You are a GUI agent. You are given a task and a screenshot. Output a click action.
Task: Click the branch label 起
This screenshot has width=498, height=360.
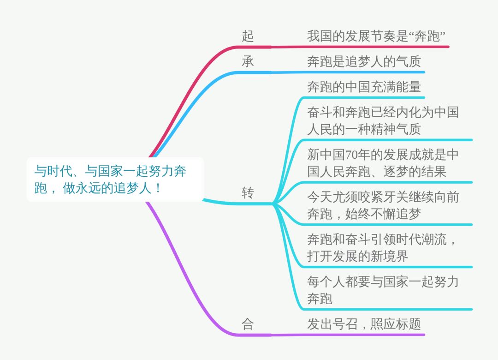248,36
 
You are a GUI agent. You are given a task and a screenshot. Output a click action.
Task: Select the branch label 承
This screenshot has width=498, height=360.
248,61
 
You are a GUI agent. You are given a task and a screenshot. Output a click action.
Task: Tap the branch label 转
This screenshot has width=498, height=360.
248,193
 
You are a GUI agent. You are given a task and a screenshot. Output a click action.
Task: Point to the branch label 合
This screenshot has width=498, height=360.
248,324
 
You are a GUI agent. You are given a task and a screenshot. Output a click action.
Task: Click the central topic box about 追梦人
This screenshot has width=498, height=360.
115,180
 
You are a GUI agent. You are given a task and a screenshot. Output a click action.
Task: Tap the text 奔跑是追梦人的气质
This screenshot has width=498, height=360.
364,61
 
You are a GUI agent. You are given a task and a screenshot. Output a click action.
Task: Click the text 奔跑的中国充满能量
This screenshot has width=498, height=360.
364,87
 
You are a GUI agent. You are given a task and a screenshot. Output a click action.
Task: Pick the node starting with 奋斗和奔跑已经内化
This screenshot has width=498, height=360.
383,120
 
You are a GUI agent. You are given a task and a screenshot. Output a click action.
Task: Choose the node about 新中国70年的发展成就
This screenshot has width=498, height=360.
383,163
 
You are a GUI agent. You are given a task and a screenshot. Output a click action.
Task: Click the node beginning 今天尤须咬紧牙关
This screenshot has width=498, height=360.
383,205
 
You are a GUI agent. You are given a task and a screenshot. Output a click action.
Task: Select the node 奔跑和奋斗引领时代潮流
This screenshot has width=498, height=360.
383,248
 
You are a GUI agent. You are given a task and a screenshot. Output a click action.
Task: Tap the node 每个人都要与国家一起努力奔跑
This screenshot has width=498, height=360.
383,290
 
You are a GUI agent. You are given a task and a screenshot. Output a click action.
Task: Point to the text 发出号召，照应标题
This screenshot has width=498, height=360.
364,324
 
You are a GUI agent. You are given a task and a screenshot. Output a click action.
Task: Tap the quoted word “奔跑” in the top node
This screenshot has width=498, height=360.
428,36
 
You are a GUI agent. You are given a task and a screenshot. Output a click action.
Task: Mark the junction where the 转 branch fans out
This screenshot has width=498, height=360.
274,203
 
